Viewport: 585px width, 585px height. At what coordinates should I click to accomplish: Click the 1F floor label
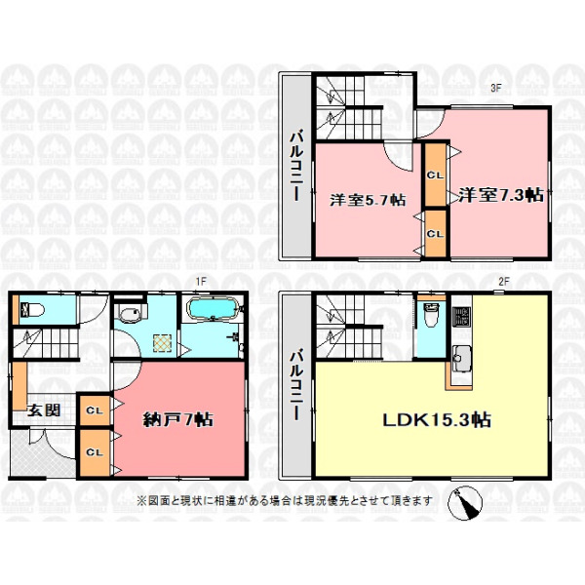(x=201, y=281)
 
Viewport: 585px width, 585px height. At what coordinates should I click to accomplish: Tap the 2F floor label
(x=504, y=282)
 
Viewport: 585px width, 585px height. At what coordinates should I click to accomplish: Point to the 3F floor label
(x=495, y=89)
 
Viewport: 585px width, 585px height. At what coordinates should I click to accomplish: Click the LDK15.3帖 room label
(x=437, y=420)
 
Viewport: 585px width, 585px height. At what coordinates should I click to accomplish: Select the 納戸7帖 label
(x=178, y=419)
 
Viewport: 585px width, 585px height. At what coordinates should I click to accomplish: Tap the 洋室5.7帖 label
(x=368, y=200)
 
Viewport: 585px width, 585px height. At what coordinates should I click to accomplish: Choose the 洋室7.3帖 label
(x=501, y=195)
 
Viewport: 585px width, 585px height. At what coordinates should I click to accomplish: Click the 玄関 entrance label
(x=44, y=410)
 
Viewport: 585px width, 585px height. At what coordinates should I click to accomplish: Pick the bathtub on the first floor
(x=213, y=309)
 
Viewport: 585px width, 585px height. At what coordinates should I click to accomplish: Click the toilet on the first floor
(x=33, y=310)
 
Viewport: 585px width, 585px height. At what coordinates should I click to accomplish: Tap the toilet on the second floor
(x=431, y=315)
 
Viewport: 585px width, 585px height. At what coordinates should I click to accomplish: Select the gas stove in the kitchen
(x=461, y=316)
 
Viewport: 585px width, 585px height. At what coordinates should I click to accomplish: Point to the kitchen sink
(x=461, y=358)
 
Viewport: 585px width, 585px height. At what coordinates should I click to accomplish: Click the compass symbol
(x=465, y=503)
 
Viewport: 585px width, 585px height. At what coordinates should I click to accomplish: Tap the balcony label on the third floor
(x=297, y=166)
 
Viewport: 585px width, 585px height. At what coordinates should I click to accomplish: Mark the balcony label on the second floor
(x=297, y=385)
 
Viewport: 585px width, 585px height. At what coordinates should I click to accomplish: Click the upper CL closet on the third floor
(x=435, y=175)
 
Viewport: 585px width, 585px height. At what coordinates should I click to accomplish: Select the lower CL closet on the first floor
(x=95, y=452)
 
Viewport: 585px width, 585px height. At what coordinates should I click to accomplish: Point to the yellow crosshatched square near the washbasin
(x=163, y=343)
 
